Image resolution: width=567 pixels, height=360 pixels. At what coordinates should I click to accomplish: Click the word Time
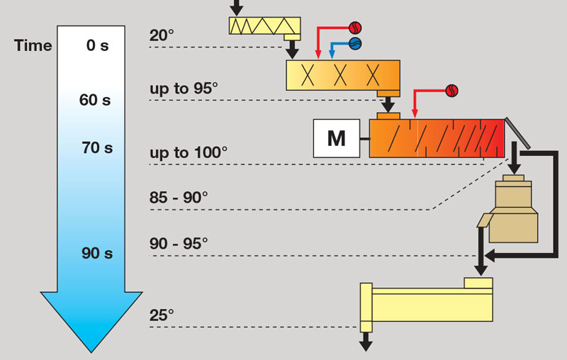(33, 45)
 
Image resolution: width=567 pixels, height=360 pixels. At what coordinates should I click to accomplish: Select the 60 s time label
(95, 100)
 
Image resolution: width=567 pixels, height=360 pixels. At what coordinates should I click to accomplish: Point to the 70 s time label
(98, 148)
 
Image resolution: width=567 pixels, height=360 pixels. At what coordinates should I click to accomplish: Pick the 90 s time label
(97, 253)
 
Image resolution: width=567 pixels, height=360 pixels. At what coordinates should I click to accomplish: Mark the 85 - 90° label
(179, 196)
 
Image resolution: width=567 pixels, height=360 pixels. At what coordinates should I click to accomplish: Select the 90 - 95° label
(179, 242)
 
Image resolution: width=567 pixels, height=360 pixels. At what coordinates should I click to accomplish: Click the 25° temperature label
(162, 315)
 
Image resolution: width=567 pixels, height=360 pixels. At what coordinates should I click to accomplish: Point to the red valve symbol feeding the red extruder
(451, 90)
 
